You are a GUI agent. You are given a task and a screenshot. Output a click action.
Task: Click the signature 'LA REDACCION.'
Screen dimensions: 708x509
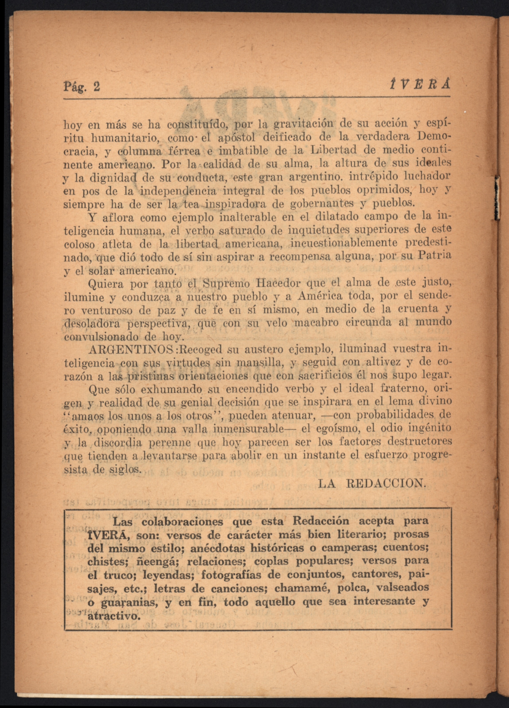(372, 484)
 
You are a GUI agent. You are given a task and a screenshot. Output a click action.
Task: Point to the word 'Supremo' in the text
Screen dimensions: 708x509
(227, 284)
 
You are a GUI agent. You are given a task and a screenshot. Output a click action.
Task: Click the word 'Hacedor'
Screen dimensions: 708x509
(280, 284)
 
